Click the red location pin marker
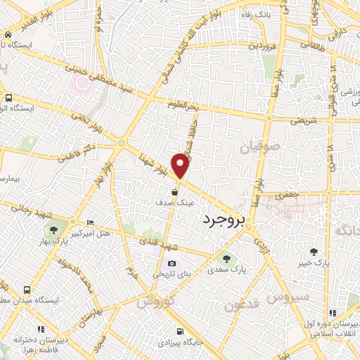[181, 166]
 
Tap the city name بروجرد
[226, 220]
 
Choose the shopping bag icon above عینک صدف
[175, 191]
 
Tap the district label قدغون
[241, 305]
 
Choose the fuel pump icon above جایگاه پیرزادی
[181, 331]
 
